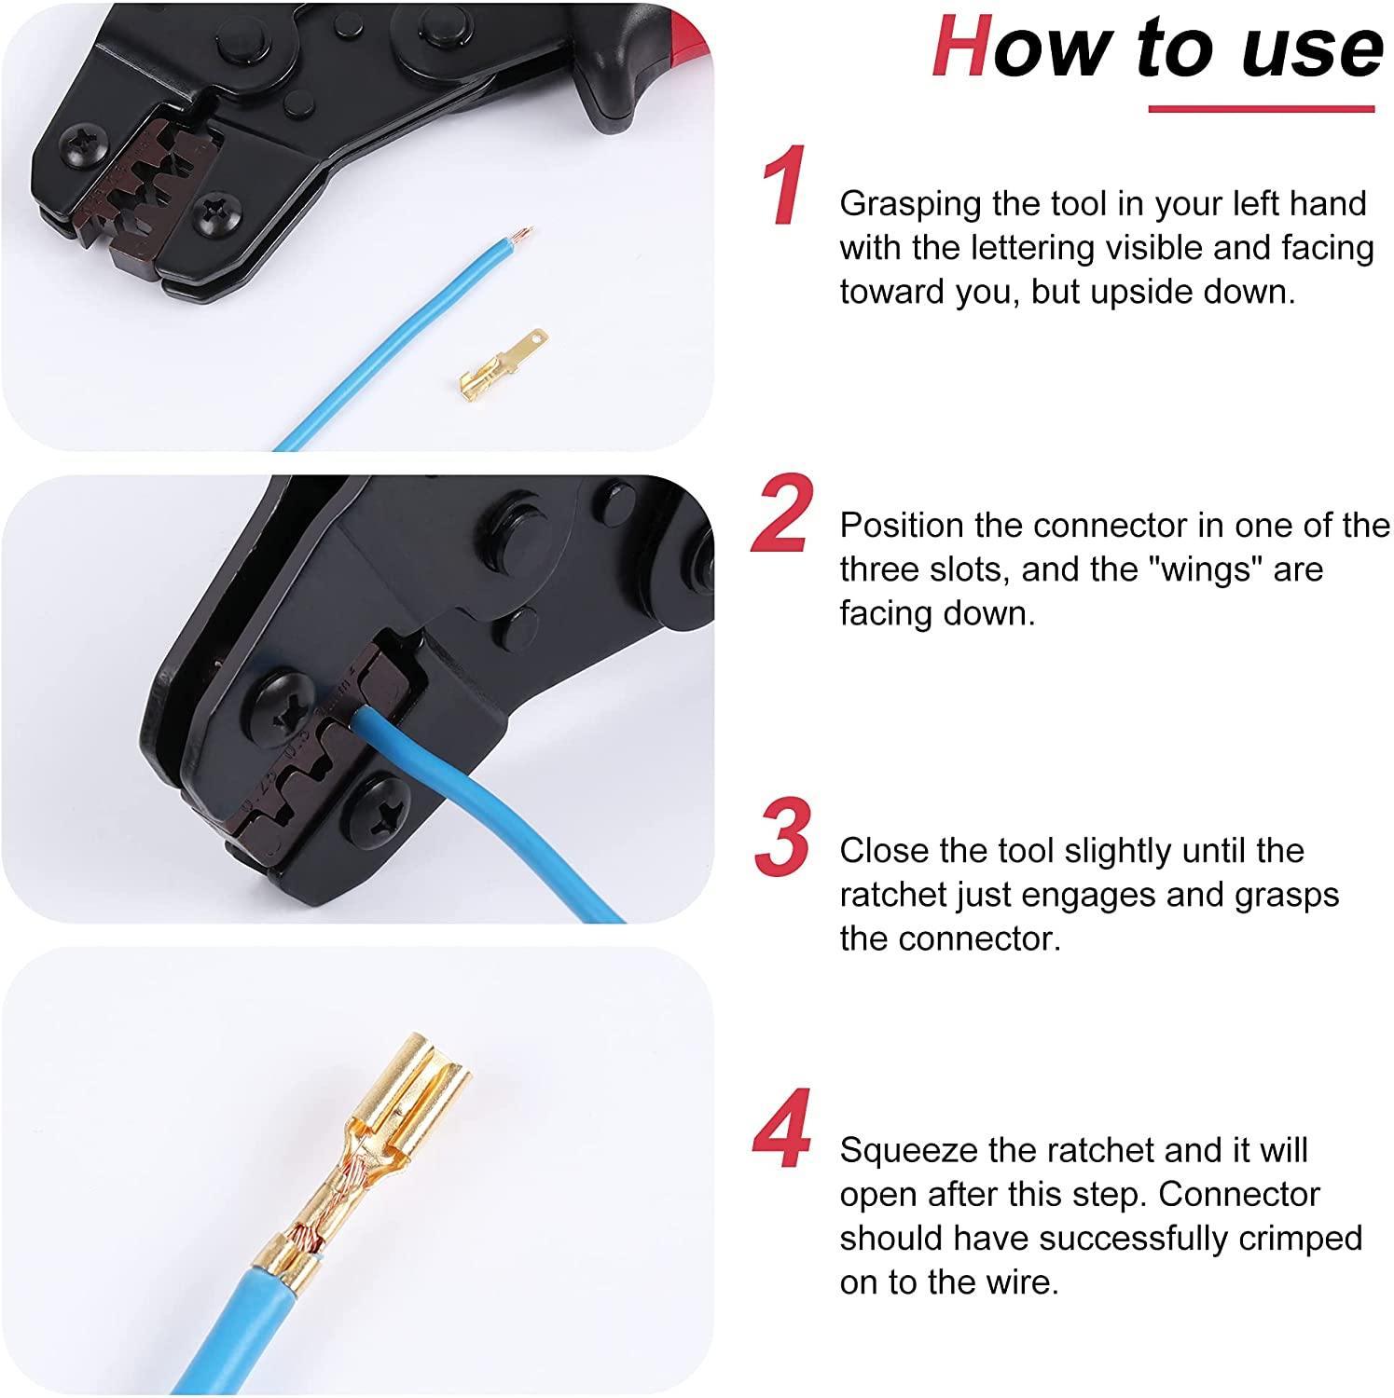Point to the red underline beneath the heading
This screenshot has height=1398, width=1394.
[x=1261, y=110]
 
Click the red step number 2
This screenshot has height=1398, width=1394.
[x=781, y=514]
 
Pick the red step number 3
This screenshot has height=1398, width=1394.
[x=781, y=839]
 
